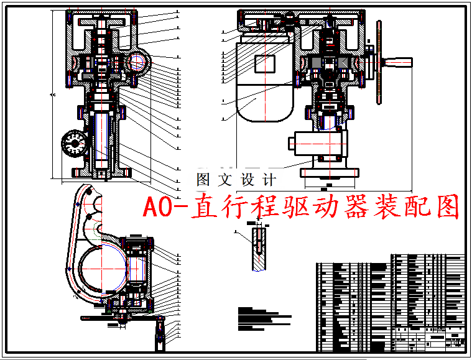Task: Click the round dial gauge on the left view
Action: (x=75, y=144)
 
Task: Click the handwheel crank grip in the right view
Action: (x=398, y=62)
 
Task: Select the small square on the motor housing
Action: (x=264, y=63)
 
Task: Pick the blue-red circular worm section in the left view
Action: (x=137, y=62)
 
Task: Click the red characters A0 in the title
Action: (x=159, y=208)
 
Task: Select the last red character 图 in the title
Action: (x=445, y=208)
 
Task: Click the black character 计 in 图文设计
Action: (x=269, y=180)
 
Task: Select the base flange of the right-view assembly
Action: (x=330, y=172)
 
